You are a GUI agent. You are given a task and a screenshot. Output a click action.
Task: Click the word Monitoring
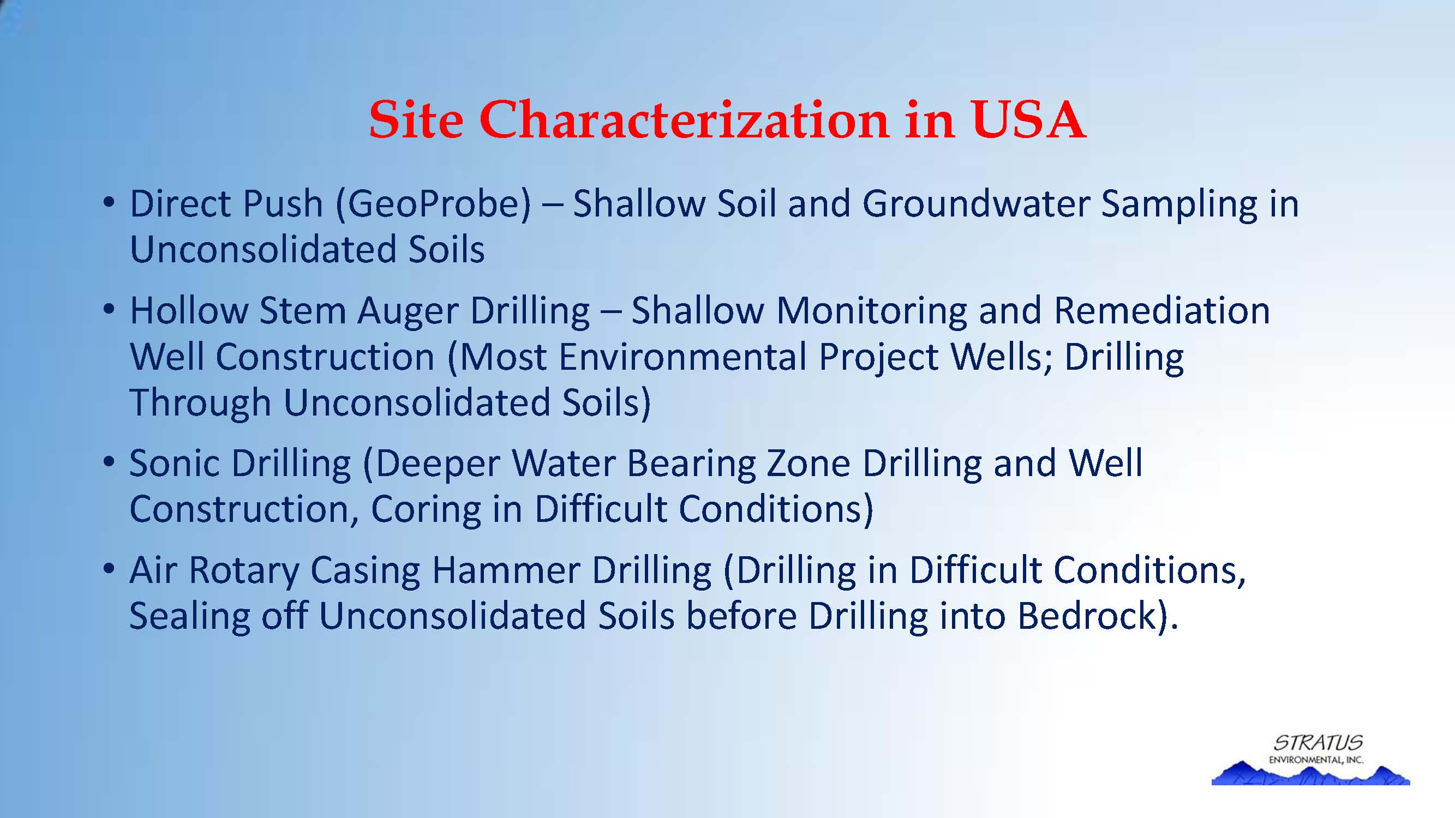coord(872,312)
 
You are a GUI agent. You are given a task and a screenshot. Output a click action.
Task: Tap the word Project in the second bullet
coord(878,358)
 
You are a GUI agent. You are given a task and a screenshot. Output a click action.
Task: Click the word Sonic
coord(175,464)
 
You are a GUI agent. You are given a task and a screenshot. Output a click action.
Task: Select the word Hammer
coord(506,570)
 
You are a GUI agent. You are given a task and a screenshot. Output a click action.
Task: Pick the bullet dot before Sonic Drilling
coord(109,462)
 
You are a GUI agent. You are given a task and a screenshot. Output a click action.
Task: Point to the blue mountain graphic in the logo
coord(1310,774)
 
